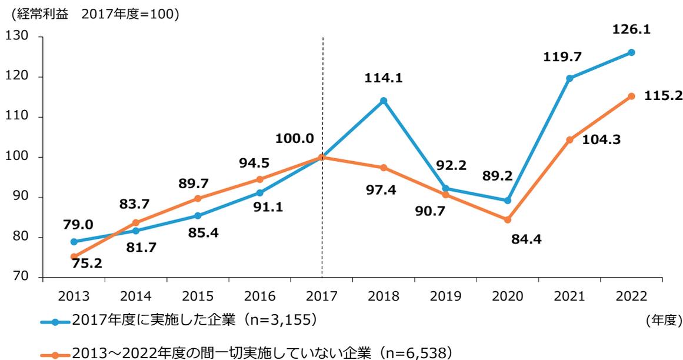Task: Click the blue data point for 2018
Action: click(384, 101)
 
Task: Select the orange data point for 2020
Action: click(508, 220)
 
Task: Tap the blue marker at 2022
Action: click(631, 52)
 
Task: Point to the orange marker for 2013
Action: click(74, 256)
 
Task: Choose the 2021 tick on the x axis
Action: click(569, 296)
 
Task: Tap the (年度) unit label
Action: click(663, 321)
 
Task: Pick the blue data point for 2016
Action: click(260, 193)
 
